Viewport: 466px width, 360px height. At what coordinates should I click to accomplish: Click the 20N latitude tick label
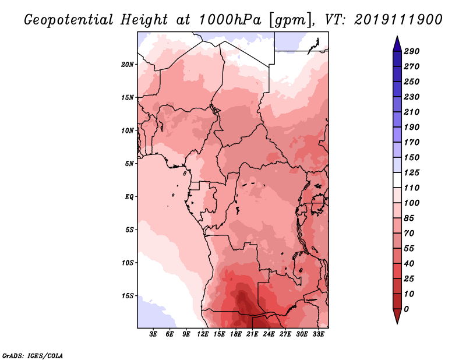(x=128, y=65)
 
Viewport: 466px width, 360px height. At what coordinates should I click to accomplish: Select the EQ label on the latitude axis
(x=129, y=197)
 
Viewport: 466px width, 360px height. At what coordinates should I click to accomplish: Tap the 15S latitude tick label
(x=128, y=296)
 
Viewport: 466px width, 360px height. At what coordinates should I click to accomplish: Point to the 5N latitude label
(x=129, y=164)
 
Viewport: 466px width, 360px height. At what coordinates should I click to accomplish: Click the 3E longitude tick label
(x=153, y=334)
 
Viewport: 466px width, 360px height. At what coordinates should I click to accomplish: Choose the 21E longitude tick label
(x=252, y=334)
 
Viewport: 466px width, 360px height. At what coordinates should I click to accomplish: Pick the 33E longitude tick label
(x=318, y=334)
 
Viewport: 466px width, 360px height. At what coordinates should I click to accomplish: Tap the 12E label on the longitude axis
(x=203, y=334)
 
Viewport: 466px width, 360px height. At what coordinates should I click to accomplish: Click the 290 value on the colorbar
(x=411, y=51)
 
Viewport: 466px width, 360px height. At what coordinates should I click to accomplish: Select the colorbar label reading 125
(x=411, y=172)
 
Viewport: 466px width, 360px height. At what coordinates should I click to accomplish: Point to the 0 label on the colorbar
(x=406, y=309)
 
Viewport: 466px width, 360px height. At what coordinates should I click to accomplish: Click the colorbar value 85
(x=409, y=218)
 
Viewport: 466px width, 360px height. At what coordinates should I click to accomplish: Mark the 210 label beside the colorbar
(x=411, y=112)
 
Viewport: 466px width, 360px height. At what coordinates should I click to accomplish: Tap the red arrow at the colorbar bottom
(x=397, y=316)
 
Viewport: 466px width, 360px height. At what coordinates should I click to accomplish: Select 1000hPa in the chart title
(x=230, y=20)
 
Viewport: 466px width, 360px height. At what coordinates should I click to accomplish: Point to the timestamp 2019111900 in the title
(x=398, y=20)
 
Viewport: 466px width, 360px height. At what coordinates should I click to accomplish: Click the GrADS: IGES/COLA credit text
(x=33, y=356)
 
